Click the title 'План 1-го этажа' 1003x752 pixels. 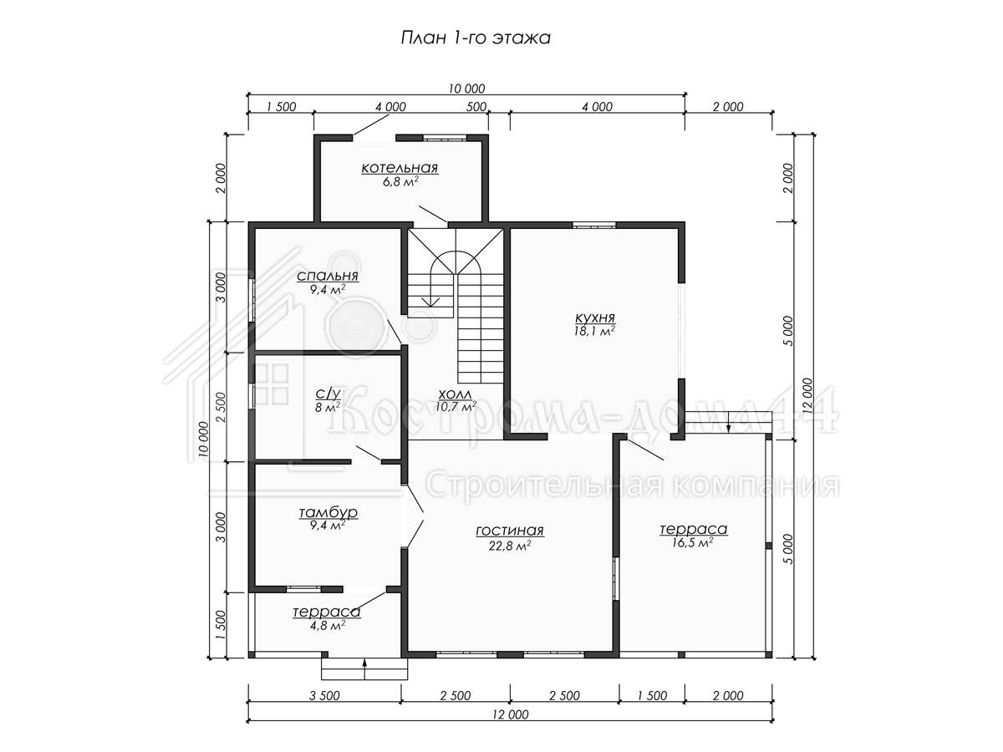coord(476,38)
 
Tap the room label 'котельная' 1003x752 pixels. coord(400,168)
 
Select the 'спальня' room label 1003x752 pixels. coord(327,277)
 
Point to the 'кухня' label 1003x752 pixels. coord(594,318)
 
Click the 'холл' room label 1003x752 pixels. coord(456,394)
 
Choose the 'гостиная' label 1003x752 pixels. coord(510,531)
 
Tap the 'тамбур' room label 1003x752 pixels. coord(328,513)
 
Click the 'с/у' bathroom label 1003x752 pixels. coord(328,393)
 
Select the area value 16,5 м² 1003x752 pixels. coord(693,542)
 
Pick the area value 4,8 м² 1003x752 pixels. coord(327,626)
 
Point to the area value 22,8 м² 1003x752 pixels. coord(510,545)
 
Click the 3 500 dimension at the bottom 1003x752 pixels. coord(324,695)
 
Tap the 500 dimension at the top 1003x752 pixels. coord(476,107)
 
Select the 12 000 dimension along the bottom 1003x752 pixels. coord(511,714)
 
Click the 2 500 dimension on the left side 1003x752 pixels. coord(221,407)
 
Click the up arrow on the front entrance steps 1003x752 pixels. coord(364,669)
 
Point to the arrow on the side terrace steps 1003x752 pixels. coord(728,421)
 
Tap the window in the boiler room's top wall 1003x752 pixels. coord(444,137)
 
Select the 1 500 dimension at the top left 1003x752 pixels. coord(281,107)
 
